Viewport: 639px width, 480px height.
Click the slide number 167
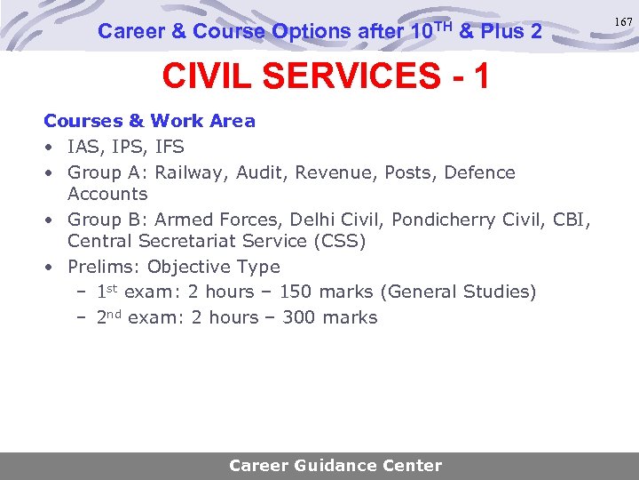626,22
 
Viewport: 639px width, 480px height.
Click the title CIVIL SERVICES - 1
325,77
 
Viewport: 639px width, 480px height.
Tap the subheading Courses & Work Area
149,121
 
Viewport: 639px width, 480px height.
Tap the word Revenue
335,172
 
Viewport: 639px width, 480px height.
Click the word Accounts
107,194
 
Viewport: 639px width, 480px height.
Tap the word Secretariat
178,241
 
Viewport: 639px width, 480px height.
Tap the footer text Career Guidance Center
335,466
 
